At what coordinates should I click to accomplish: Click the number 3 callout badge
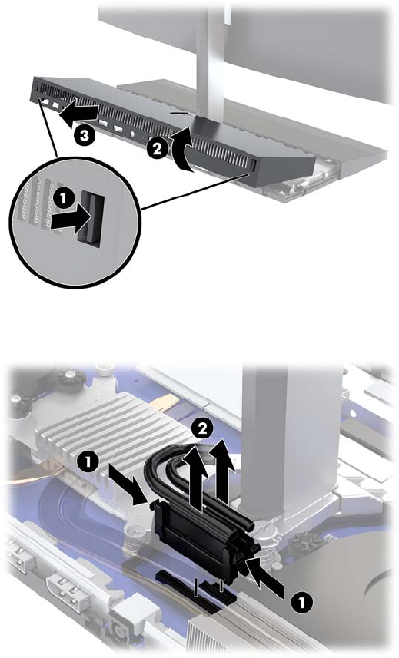pos(85,137)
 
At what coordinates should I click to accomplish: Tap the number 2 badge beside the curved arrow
pos(158,149)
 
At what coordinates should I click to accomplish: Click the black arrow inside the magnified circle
pos(71,220)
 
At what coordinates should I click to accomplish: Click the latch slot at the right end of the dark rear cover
pos(253,165)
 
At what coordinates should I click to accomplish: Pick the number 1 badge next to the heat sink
pos(88,462)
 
